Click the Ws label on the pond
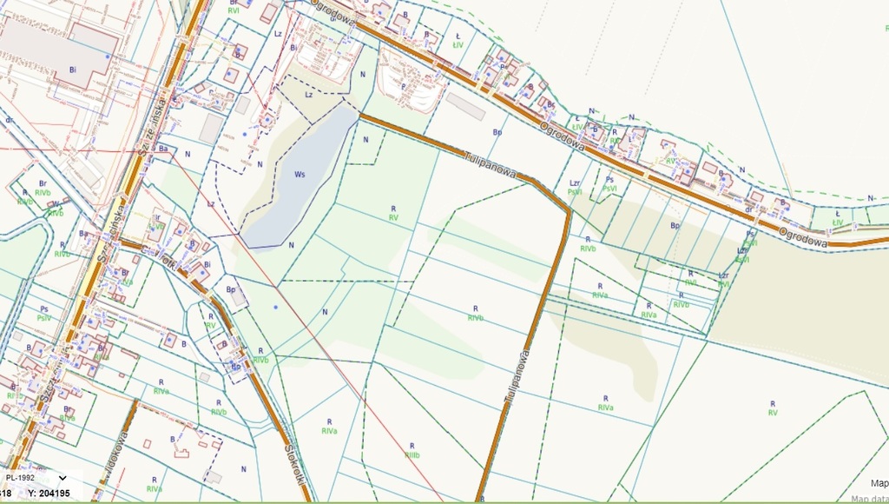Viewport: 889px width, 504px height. (300, 175)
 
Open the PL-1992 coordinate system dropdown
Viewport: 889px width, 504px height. (36, 477)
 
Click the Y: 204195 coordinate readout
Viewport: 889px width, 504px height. (49, 493)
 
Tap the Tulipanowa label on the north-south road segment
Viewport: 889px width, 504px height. (516, 375)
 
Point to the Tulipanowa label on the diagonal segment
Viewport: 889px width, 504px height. (490, 165)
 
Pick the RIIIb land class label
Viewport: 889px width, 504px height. (412, 454)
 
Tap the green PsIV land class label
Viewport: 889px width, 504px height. (44, 318)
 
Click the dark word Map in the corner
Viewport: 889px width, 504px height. (879, 483)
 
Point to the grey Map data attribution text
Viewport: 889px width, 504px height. (869, 499)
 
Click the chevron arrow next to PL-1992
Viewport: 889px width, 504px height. (63, 477)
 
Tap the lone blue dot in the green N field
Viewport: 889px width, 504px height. (276, 307)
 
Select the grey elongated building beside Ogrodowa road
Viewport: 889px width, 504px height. (465, 106)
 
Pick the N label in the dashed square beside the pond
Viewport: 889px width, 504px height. (366, 139)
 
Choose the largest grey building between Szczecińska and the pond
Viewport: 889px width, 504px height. (211, 129)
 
